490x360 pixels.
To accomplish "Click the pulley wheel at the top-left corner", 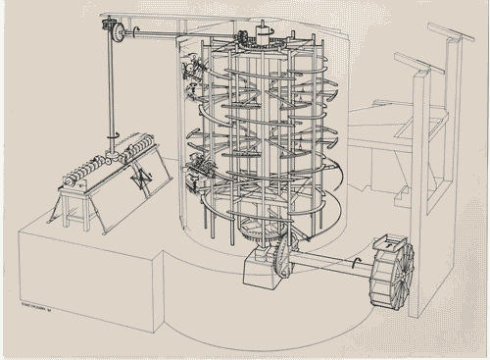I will (x=119, y=33).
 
